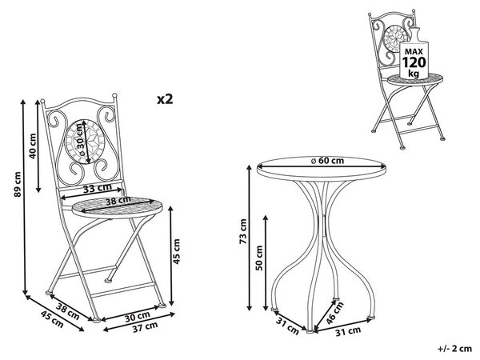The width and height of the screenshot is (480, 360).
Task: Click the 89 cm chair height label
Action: [18, 185]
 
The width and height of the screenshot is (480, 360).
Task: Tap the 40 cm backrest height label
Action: [32, 146]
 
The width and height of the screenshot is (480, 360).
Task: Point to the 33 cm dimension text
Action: [98, 188]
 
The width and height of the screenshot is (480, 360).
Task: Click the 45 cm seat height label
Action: [177, 252]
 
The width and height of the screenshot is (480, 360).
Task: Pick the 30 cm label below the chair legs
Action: [137, 316]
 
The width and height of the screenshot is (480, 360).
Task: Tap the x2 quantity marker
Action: [165, 99]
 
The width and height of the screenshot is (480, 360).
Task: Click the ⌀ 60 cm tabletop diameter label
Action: [327, 161]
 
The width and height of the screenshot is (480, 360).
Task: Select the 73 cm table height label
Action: [243, 231]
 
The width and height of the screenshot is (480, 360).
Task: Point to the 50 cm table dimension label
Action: [259, 258]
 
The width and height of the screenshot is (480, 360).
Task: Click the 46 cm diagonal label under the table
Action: [334, 313]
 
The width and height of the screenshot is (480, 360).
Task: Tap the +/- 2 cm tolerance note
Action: [454, 348]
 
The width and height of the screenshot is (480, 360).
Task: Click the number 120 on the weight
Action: [414, 62]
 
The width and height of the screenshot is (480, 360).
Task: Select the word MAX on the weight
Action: [414, 51]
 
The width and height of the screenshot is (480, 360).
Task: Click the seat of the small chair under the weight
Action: [415, 80]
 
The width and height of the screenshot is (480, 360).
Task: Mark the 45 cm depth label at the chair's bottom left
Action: [52, 318]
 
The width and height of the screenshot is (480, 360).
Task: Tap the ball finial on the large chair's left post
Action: [42, 101]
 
